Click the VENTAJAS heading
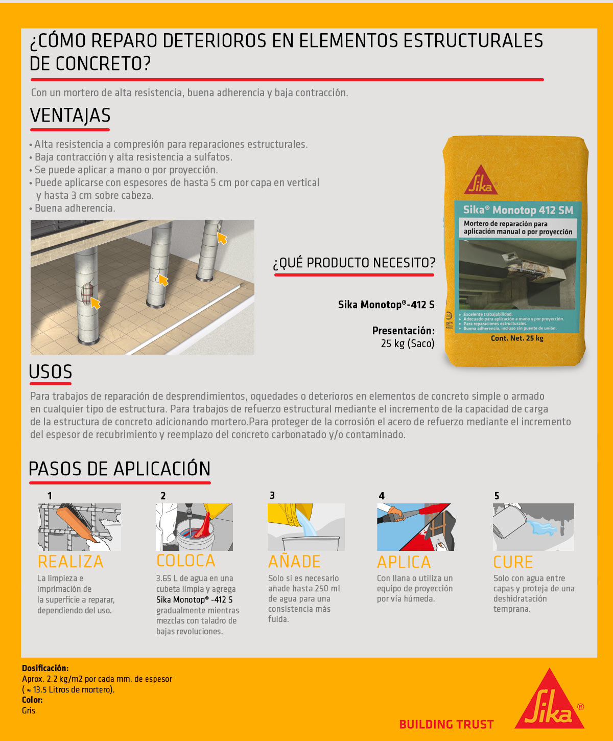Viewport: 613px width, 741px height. click(x=70, y=115)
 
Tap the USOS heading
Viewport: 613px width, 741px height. click(x=51, y=372)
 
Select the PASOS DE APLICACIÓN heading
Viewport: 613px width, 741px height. click(x=120, y=469)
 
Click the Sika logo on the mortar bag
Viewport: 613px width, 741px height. click(x=481, y=180)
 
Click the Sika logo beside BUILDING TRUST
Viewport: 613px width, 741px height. click(x=550, y=701)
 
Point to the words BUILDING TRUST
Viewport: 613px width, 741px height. click(x=446, y=724)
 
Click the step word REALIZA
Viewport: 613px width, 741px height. click(x=70, y=562)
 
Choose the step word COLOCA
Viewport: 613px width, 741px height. click(x=186, y=561)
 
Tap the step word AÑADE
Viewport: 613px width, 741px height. click(x=295, y=562)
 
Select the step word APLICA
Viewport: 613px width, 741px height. click(x=404, y=562)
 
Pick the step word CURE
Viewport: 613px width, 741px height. click(x=513, y=562)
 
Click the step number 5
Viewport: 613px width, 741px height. click(x=497, y=496)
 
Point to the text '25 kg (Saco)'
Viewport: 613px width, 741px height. click(x=407, y=343)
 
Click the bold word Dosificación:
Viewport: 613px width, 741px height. click(x=45, y=668)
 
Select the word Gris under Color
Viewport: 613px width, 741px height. click(x=29, y=710)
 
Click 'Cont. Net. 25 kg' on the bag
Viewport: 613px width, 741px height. click(x=517, y=338)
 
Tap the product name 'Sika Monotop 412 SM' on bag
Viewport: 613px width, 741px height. click(x=518, y=210)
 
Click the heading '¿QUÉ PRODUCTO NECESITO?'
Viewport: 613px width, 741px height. click(x=353, y=263)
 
